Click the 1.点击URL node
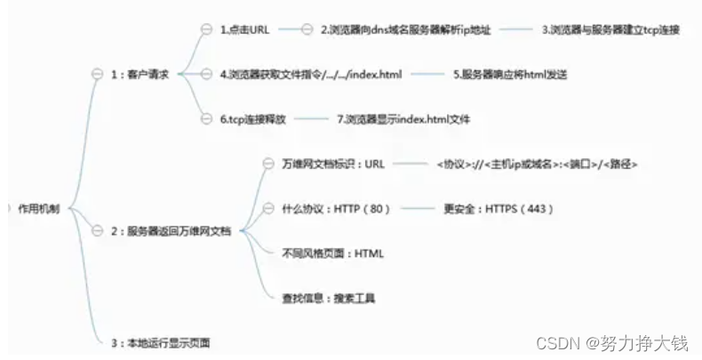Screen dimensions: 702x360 click(x=244, y=29)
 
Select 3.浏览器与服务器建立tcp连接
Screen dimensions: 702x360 click(x=610, y=29)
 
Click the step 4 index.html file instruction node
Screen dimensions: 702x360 click(x=310, y=75)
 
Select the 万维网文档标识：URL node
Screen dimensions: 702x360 click(x=321, y=164)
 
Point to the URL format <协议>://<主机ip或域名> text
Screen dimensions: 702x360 click(x=537, y=164)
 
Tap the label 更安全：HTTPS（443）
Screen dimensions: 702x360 click(x=499, y=208)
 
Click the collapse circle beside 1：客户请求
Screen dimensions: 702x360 click(x=98, y=76)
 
